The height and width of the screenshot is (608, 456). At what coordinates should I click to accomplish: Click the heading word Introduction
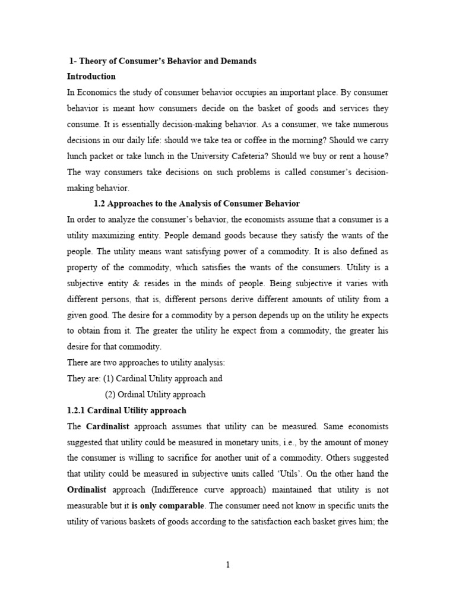[91, 77]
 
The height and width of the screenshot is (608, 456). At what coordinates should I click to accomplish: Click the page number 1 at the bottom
[227, 565]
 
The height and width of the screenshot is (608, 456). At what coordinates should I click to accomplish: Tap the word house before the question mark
[370, 157]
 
